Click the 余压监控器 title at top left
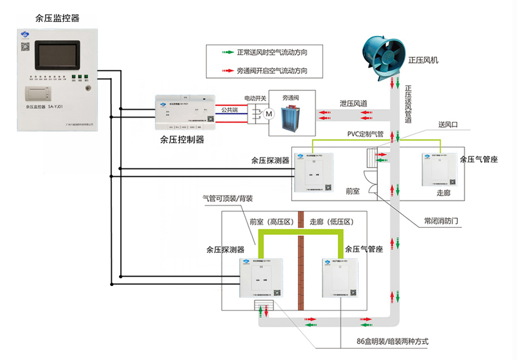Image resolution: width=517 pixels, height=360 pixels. (57, 18)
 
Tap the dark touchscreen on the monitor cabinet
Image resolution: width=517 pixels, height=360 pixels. (58, 56)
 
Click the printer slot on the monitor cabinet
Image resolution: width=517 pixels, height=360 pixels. (40, 94)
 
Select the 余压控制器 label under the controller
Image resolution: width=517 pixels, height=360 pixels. (182, 140)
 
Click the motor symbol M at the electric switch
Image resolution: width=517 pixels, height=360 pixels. (267, 113)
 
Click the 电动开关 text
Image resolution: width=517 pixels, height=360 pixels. (255, 98)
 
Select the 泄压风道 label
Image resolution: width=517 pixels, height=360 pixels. (354, 104)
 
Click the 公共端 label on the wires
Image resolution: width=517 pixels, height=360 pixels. (229, 110)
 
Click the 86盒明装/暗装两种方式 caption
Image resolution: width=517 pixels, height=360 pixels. (392, 341)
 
